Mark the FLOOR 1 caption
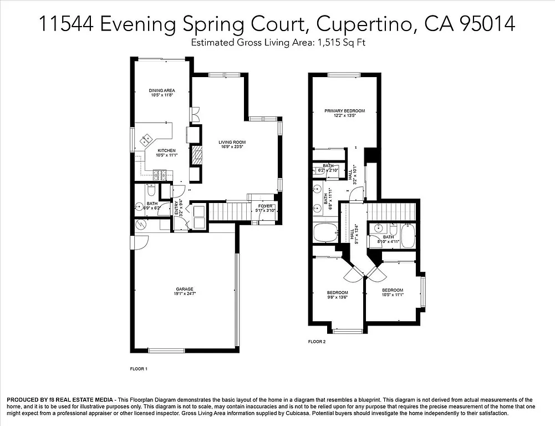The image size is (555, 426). (x=139, y=368)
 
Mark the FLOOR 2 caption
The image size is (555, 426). (x=317, y=342)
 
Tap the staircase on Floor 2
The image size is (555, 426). (x=391, y=211)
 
